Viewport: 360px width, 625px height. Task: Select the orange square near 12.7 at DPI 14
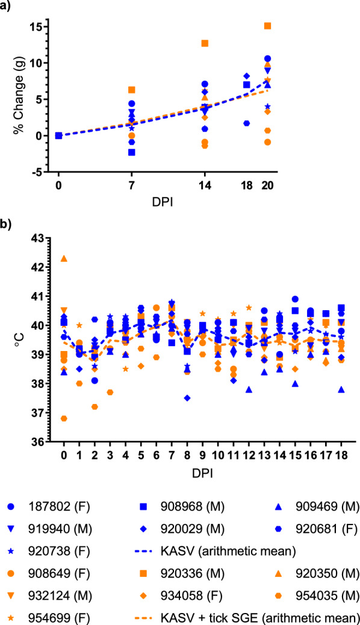click(205, 43)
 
